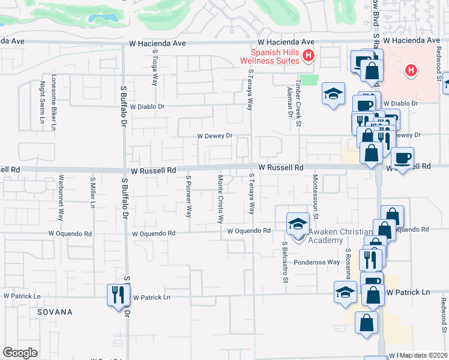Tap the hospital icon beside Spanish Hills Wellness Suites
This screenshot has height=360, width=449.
tap(309, 56)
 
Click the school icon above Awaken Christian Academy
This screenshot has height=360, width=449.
tap(297, 224)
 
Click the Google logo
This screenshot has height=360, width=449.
tap(20, 353)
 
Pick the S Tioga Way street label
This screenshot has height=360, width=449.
tap(155, 68)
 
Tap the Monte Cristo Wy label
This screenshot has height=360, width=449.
tap(220, 199)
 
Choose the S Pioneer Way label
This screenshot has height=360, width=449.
tap(188, 196)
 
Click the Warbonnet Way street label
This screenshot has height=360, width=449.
tap(61, 197)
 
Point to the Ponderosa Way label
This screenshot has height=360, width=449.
tap(316, 262)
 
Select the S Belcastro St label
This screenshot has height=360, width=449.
tap(286, 262)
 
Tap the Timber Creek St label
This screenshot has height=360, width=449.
tap(297, 94)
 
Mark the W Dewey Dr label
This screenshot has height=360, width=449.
tap(215, 136)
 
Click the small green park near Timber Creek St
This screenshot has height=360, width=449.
tap(309, 80)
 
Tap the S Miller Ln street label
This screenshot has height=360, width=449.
tap(92, 193)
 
